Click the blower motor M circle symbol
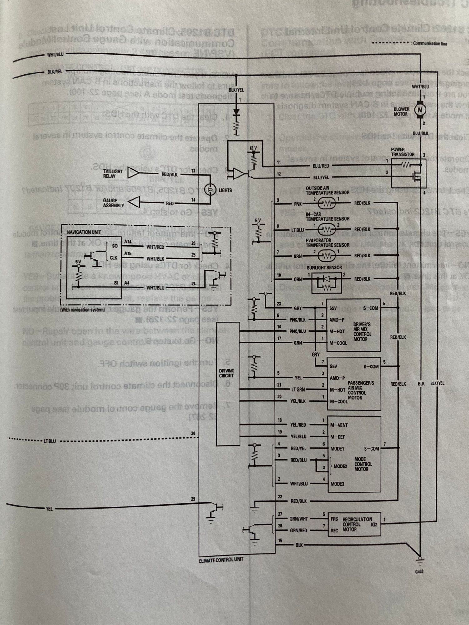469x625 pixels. (x=420, y=109)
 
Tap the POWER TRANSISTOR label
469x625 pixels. (x=402, y=152)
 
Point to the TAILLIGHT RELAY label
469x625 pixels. (x=113, y=174)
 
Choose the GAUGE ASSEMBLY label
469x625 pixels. (x=113, y=203)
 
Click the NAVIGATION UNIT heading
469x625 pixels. (x=84, y=232)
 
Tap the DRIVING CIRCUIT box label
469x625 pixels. (x=227, y=373)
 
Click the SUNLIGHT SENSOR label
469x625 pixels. (x=324, y=268)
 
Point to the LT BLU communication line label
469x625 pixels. (x=49, y=442)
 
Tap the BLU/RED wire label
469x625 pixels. (x=320, y=166)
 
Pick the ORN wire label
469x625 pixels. (x=298, y=280)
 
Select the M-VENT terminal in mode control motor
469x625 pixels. (x=339, y=425)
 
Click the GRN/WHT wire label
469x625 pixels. (x=299, y=519)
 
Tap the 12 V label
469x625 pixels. (x=253, y=147)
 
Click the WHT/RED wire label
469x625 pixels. (x=155, y=247)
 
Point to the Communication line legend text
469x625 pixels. (x=430, y=44)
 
